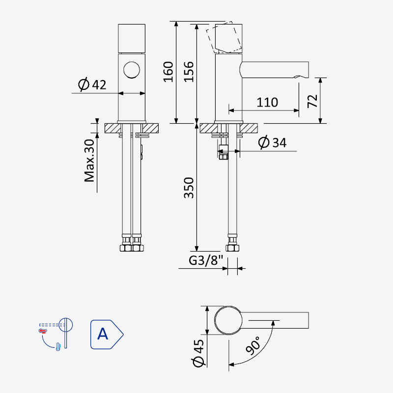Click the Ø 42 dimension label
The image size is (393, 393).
(x=92, y=84)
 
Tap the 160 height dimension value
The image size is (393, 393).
(x=168, y=72)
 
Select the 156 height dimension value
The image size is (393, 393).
(x=189, y=72)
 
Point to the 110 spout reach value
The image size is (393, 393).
(x=267, y=102)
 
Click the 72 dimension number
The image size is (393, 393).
(x=312, y=101)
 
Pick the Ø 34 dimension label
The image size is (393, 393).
(x=272, y=142)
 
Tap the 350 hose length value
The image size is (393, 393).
(x=189, y=188)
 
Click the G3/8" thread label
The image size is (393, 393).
(x=206, y=260)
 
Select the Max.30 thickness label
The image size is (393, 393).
(x=89, y=161)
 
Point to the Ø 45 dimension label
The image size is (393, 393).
(x=198, y=353)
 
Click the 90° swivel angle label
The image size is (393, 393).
(x=253, y=345)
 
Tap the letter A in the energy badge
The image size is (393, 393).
(x=103, y=334)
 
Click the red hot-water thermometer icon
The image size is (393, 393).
(x=43, y=331)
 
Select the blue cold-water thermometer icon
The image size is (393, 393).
(x=58, y=347)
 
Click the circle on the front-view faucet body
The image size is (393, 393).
(x=132, y=70)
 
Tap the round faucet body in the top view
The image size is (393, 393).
(x=228, y=320)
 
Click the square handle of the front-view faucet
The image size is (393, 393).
(x=132, y=39)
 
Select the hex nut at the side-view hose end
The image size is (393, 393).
(x=232, y=248)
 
